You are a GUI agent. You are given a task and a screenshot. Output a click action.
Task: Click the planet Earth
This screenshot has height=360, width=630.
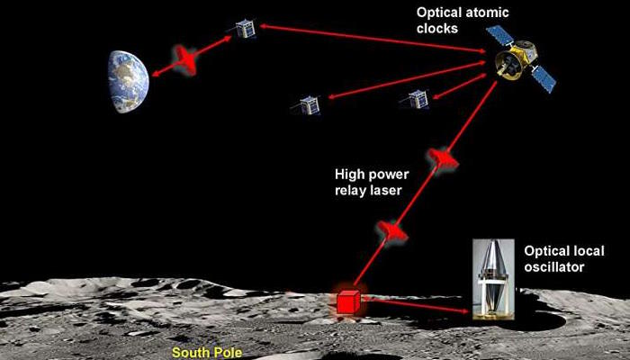(129, 82)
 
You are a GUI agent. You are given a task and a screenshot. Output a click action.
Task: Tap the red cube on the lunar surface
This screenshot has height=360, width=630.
(348, 302)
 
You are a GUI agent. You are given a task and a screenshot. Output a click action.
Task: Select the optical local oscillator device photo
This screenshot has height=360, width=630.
(493, 280)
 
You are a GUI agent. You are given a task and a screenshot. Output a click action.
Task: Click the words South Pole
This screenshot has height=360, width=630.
(207, 353)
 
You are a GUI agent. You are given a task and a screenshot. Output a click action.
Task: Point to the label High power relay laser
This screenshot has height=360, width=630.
(372, 182)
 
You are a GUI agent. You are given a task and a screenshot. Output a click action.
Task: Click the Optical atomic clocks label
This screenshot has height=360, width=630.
(463, 20)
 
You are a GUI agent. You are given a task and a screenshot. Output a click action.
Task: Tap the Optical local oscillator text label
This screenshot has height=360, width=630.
(564, 259)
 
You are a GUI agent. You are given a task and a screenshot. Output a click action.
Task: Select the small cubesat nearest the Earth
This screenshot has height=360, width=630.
(246, 29)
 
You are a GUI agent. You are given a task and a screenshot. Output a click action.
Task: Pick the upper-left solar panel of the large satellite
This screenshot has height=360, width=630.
(499, 35)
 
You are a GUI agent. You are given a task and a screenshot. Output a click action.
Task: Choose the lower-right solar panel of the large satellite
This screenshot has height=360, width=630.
(544, 79)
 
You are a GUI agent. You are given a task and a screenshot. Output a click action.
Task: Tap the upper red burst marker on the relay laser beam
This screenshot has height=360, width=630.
(443, 158)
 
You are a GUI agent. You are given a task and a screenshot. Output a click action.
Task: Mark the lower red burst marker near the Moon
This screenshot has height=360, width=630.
(391, 231)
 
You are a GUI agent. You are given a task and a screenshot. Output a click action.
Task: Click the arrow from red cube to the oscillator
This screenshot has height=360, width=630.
(415, 304)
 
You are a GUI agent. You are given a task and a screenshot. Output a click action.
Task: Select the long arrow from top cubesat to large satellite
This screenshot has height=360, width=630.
(373, 39)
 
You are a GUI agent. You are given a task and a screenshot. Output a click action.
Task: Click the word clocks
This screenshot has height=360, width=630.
(437, 28)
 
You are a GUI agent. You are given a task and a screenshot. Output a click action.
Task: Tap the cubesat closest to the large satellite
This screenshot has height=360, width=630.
(416, 99)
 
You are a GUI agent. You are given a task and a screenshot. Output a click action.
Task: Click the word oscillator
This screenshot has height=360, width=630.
(554, 266)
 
